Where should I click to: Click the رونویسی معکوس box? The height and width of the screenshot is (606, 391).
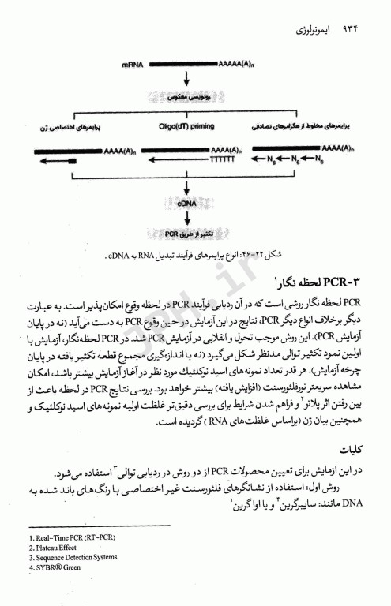pos(187,97)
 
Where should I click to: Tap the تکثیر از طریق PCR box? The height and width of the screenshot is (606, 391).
pos(187,234)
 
